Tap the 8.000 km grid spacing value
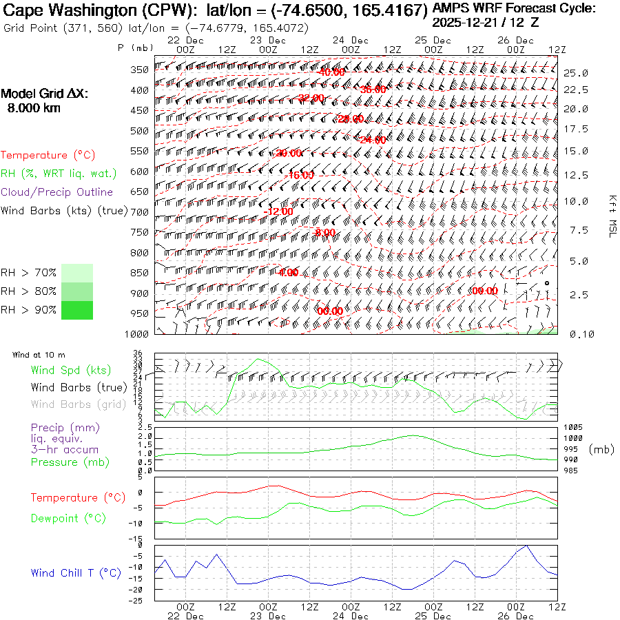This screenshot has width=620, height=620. pyautogui.click(x=33, y=108)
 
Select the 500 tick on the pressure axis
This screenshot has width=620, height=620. pyautogui.click(x=140, y=130)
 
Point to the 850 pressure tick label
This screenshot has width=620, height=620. pyautogui.click(x=140, y=273)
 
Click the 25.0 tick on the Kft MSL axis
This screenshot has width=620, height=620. pyautogui.click(x=575, y=72)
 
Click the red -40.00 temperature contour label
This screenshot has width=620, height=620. pyautogui.click(x=331, y=72)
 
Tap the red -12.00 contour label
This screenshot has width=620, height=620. pyautogui.click(x=278, y=211)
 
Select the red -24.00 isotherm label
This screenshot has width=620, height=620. pyautogui.click(x=371, y=140)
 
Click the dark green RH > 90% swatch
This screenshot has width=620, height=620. pyautogui.click(x=77, y=310)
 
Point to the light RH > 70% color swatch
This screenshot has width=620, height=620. pyautogui.click(x=77, y=273)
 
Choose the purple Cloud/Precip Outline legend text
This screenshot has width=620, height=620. pyautogui.click(x=56, y=192)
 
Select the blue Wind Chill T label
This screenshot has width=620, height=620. pyautogui.click(x=76, y=572)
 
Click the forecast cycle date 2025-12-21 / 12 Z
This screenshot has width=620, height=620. pyautogui.click(x=486, y=22)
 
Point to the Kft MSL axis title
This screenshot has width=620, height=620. pyautogui.click(x=612, y=216)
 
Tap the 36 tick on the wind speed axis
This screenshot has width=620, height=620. pyautogui.click(x=138, y=353)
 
